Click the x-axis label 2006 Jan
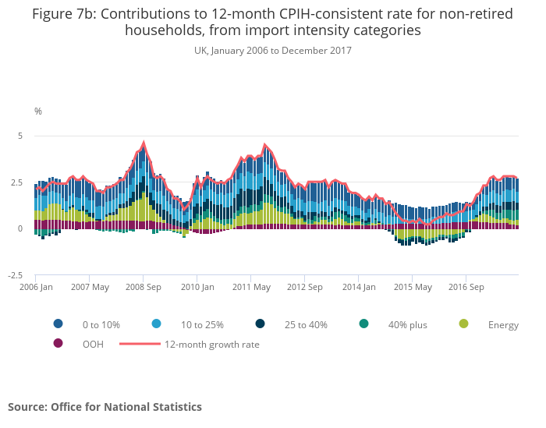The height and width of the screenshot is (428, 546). pyautogui.click(x=37, y=287)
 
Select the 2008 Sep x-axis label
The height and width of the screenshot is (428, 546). pyautogui.click(x=144, y=287)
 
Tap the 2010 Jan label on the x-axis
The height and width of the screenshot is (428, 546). pyautogui.click(x=197, y=287)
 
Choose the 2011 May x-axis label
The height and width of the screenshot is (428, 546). pyautogui.click(x=251, y=287)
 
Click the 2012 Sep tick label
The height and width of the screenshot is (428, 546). pyautogui.click(x=305, y=287)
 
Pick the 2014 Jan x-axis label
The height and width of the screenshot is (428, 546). pyautogui.click(x=359, y=287)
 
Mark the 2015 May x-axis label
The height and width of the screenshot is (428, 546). pyautogui.click(x=413, y=287)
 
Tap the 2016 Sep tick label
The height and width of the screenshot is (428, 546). pyautogui.click(x=466, y=287)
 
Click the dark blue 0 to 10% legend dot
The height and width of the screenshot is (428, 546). pyautogui.click(x=58, y=324)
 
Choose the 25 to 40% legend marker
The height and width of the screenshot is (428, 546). pyautogui.click(x=259, y=324)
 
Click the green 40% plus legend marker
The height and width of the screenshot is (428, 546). pyautogui.click(x=363, y=324)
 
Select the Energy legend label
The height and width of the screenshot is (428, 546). pyautogui.click(x=503, y=325)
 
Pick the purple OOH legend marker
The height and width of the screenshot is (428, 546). pyautogui.click(x=58, y=344)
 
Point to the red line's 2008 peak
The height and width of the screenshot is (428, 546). pyautogui.click(x=144, y=143)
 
